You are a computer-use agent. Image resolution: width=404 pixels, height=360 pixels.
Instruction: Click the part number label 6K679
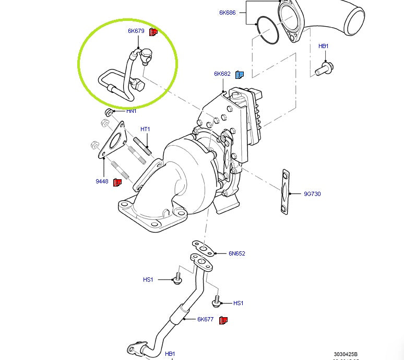tap(136, 31)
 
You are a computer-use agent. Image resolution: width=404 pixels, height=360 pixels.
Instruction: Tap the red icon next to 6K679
tap(153, 32)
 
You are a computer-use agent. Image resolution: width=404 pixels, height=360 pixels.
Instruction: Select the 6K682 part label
tap(222, 74)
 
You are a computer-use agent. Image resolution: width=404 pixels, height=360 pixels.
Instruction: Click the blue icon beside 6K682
tap(240, 74)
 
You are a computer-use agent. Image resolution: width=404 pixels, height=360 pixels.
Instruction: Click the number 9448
tap(101, 181)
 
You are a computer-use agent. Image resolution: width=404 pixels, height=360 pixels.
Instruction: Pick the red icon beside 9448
tap(117, 182)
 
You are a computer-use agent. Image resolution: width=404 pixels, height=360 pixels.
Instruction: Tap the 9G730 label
tap(312, 194)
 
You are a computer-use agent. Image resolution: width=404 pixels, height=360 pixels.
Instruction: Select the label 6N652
tap(236, 253)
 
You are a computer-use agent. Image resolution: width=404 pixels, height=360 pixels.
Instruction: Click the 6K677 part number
tap(205, 319)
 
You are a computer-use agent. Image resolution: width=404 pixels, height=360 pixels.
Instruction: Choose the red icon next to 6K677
tap(223, 319)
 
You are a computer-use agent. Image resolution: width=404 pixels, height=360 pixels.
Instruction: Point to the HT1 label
tap(145, 129)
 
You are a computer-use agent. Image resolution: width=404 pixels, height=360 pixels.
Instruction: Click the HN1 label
tap(131, 111)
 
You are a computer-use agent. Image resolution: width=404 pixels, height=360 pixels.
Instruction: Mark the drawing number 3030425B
tap(346, 354)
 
